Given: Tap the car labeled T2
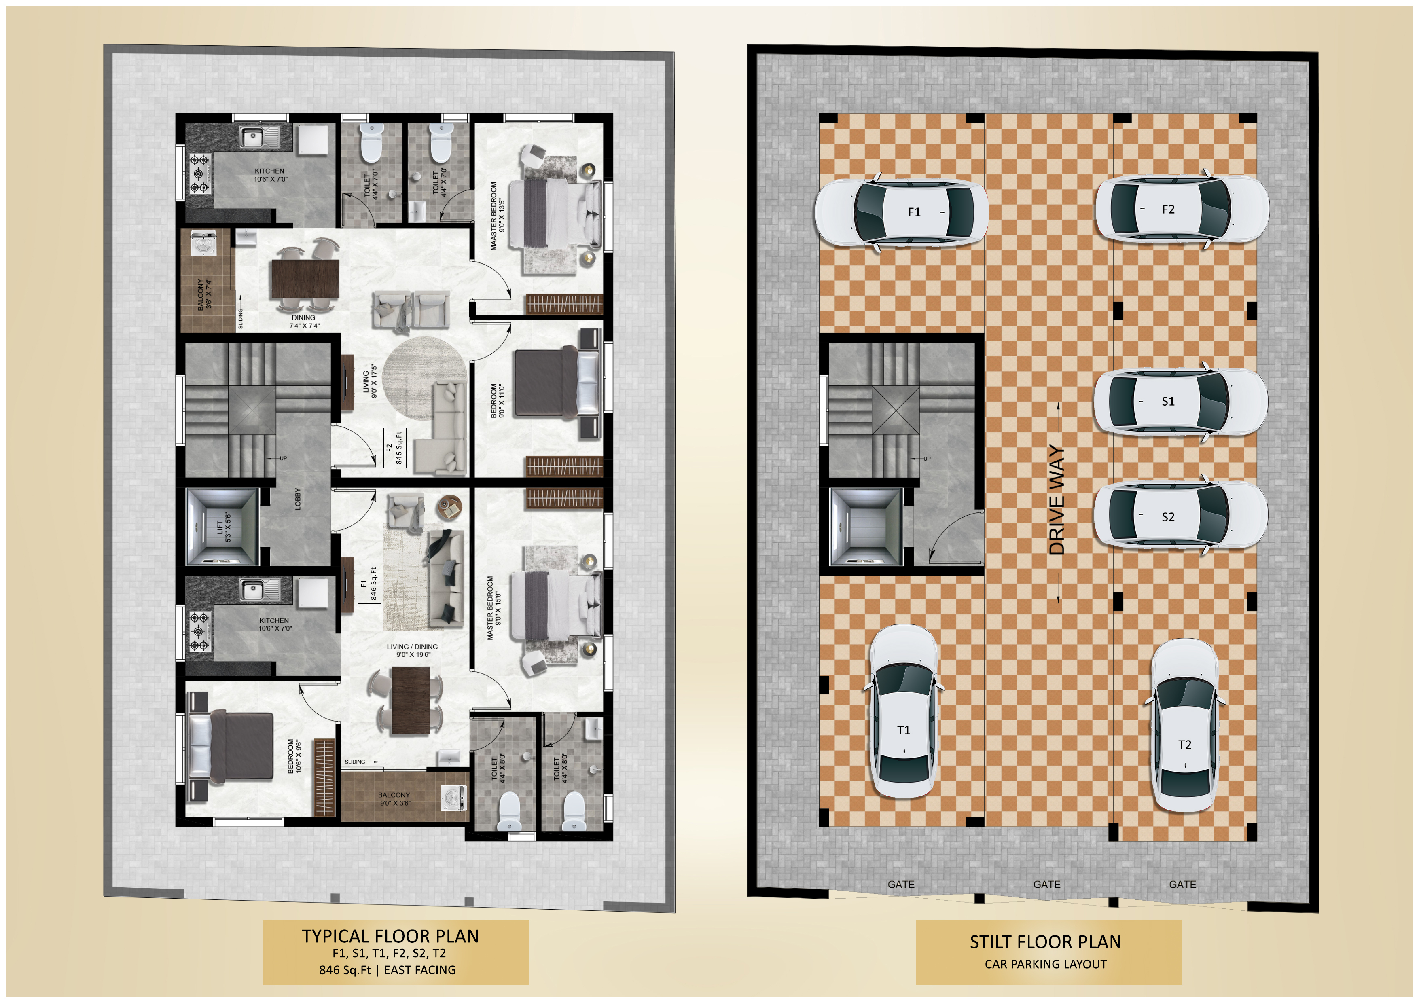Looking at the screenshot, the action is click(1184, 726).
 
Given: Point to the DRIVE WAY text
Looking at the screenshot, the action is click(1057, 499).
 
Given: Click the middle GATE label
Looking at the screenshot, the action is click(1046, 885).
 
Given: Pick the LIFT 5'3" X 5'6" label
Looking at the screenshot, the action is click(224, 527).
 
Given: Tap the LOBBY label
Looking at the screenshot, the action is click(298, 499).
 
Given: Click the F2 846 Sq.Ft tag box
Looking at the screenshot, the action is click(394, 447).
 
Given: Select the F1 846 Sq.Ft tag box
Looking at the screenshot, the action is click(370, 583).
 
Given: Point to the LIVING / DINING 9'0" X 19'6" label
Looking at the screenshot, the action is click(412, 650).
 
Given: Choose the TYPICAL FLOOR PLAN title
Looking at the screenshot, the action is click(390, 935).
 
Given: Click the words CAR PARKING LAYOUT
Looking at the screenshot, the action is click(1046, 964).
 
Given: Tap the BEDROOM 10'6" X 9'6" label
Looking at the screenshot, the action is click(295, 756).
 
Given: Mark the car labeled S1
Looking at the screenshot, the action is click(1180, 401).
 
